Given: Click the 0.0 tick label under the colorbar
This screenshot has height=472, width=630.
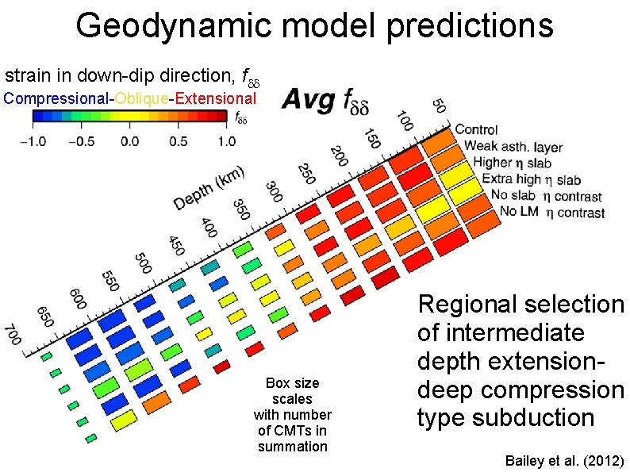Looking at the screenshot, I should (129, 141).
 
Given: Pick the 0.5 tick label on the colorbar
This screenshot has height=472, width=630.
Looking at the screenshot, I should (180, 141).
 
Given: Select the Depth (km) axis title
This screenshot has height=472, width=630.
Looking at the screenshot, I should (209, 189).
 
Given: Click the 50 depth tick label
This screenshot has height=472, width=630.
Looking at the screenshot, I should (439, 105).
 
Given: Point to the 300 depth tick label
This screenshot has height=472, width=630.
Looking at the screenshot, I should (273, 192).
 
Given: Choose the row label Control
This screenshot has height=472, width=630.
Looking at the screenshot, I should (476, 129).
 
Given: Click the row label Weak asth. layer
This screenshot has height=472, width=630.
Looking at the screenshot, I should (513, 147).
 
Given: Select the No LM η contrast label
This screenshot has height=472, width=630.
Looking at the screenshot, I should (551, 213).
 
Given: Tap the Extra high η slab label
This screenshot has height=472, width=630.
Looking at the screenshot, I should (531, 179).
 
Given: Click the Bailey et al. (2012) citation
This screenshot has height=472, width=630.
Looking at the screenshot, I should (564, 461).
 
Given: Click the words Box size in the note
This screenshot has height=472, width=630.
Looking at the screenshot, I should (292, 383).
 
